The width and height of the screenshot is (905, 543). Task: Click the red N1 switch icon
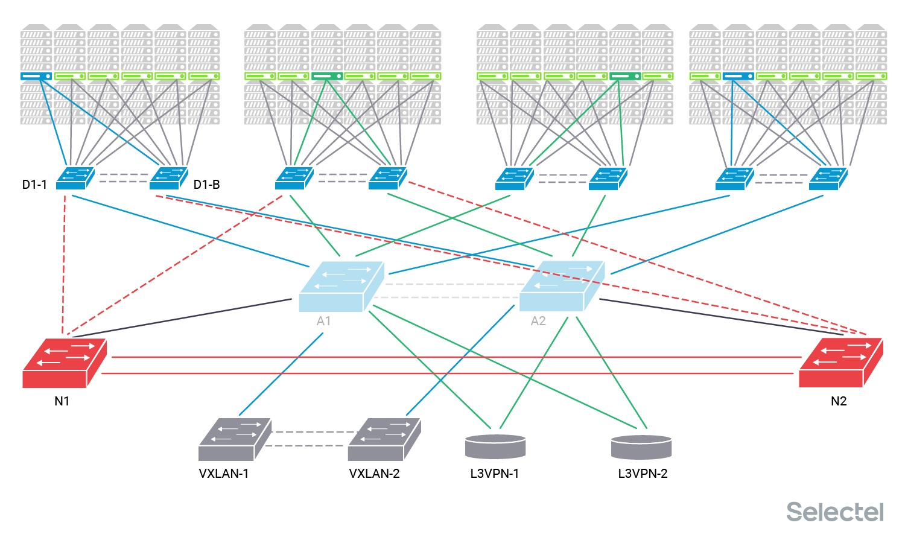(x=64, y=363)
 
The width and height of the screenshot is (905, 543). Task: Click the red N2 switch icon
(x=840, y=363)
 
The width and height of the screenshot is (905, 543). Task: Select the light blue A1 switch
(x=341, y=286)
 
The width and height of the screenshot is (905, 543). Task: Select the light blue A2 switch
(x=562, y=286)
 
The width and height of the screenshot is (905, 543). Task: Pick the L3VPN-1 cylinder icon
(x=495, y=446)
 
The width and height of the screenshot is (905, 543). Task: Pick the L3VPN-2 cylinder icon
(x=641, y=447)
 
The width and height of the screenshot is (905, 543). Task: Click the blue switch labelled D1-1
(x=75, y=179)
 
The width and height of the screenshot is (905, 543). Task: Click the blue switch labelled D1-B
(x=168, y=179)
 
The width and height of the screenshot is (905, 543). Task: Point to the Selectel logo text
(x=835, y=512)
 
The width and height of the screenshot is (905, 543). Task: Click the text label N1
(x=62, y=401)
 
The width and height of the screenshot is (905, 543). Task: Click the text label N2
(x=839, y=401)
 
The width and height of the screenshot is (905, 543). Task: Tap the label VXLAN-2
(x=374, y=474)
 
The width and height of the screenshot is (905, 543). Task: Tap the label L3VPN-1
(x=495, y=474)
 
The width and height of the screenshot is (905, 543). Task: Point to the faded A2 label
(x=538, y=321)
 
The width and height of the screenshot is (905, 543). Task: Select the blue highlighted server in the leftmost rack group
(x=36, y=76)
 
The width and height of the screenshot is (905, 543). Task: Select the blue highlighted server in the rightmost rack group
(x=738, y=76)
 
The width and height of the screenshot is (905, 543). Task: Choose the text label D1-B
(x=206, y=185)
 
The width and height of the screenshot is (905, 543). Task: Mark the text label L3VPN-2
(x=643, y=474)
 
